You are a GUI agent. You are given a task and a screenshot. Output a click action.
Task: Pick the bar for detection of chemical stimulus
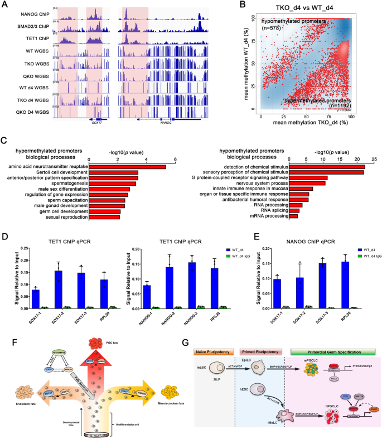click(x=327, y=166)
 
